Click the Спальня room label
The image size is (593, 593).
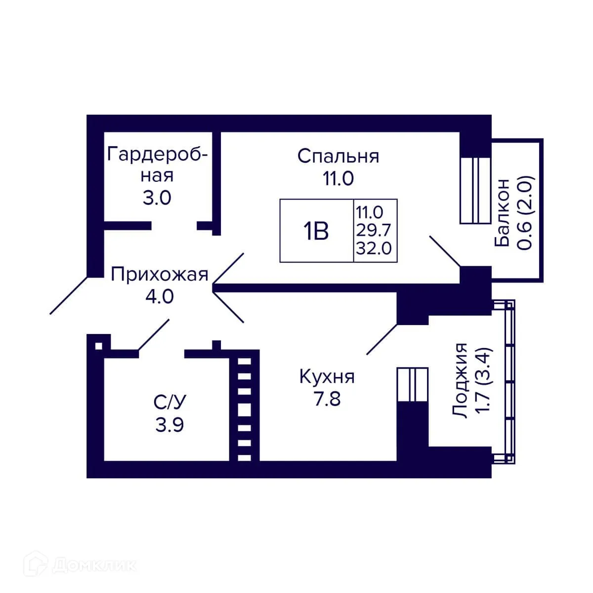(x=338, y=156)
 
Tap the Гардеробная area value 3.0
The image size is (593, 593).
(x=157, y=198)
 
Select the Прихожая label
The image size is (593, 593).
(x=159, y=274)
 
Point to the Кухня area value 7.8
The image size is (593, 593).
(x=327, y=398)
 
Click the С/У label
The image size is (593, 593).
(x=170, y=402)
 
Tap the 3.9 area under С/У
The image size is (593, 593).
(x=169, y=424)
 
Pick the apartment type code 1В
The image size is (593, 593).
(x=316, y=231)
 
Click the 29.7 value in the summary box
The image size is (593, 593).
(x=374, y=230)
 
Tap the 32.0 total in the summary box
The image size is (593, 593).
(x=374, y=248)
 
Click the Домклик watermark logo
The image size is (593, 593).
(x=82, y=564)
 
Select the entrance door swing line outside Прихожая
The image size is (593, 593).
(x=69, y=295)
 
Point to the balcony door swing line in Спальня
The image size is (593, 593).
(x=445, y=252)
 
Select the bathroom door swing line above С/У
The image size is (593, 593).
(x=154, y=335)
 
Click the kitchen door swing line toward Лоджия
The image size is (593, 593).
(x=381, y=339)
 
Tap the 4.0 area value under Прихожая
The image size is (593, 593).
(x=159, y=296)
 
